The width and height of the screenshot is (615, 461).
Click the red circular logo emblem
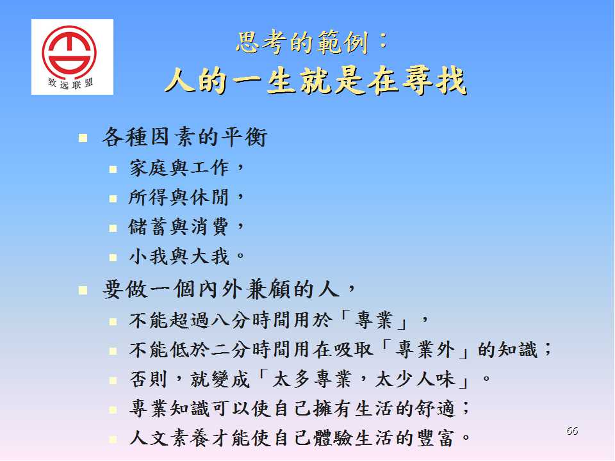69,51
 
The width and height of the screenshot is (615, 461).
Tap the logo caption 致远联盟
70,83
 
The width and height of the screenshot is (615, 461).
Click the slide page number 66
572,430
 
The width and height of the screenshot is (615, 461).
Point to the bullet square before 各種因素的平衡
83,138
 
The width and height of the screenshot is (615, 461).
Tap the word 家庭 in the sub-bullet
149,168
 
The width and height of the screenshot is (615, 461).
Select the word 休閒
209,197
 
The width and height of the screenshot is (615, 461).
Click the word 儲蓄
149,227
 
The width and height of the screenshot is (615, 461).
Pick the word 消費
209,227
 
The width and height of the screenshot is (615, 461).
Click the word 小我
149,257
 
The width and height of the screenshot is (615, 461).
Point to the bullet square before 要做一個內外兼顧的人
83,291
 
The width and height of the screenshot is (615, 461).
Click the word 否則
149,379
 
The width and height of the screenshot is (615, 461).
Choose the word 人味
436,379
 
